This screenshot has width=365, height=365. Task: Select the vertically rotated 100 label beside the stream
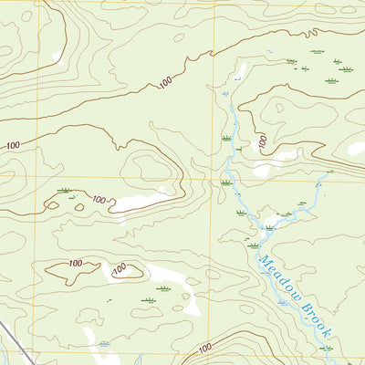[x=261, y=142]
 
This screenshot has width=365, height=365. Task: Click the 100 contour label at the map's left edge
[x=12, y=145]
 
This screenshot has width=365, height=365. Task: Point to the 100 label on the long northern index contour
[x=165, y=83]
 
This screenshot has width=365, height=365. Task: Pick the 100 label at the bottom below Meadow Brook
[x=204, y=347]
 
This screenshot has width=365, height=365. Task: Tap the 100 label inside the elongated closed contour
[x=75, y=264]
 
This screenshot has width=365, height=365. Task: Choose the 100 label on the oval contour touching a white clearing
[x=119, y=269]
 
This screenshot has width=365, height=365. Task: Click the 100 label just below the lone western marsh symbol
[x=99, y=198]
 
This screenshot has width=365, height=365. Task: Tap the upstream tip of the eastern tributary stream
[x=330, y=171]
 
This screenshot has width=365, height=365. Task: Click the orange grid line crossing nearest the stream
[x=215, y=177]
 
